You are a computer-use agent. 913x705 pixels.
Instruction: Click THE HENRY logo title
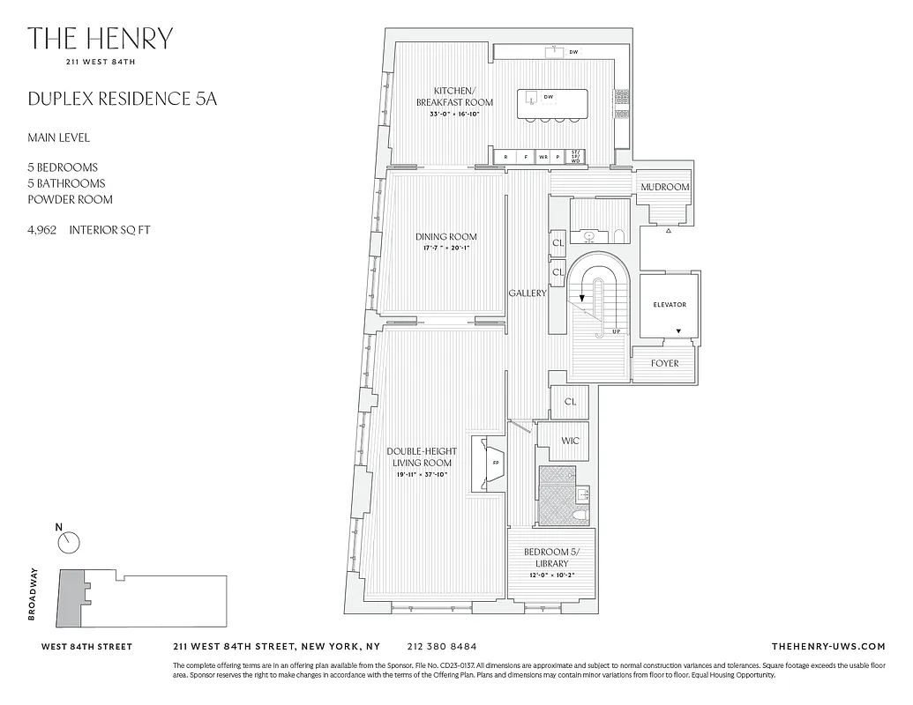[x=100, y=39]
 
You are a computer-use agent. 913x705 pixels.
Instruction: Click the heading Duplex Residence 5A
[x=122, y=98]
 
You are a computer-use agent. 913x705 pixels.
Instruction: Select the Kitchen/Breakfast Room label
[x=454, y=97]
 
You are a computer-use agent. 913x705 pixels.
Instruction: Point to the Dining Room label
[x=445, y=236]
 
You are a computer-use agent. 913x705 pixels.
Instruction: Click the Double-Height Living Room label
[x=423, y=456]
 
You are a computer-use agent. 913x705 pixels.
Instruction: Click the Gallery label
[x=528, y=293]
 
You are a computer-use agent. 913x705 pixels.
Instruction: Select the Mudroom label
[x=664, y=188]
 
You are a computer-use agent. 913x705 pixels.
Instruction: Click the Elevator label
[x=669, y=305]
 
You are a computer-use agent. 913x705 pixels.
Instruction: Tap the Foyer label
[x=664, y=363]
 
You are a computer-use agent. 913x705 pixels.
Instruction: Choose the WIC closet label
[x=569, y=442]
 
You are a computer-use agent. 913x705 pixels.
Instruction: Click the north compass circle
[x=69, y=543]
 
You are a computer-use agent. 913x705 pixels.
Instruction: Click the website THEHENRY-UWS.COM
[x=827, y=646]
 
